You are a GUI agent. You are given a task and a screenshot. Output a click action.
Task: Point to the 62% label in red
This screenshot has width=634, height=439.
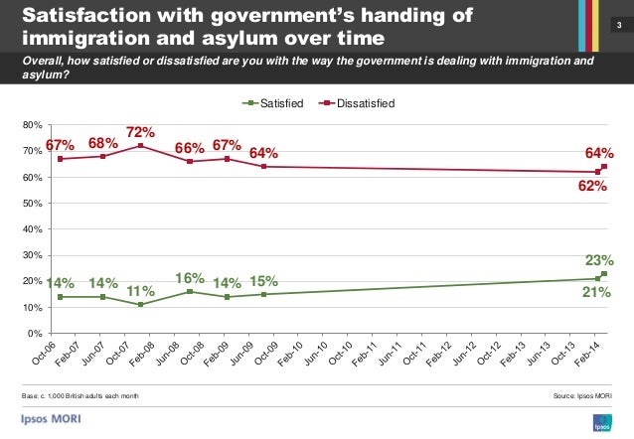[x=592, y=185]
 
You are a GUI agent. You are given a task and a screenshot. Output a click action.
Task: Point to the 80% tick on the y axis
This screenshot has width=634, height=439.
[x=32, y=125]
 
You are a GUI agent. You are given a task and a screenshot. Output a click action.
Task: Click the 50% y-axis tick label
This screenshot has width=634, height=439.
[x=32, y=203]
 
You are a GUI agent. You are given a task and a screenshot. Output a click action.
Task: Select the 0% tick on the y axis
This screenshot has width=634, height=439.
[x=35, y=333]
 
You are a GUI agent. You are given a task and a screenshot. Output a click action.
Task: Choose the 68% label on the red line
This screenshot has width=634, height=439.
[x=103, y=143]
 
